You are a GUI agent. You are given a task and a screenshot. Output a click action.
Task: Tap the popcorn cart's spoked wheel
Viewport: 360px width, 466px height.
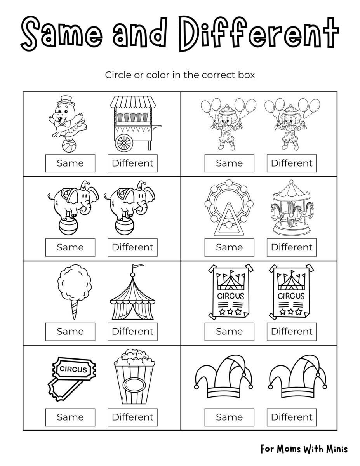pyautogui.click(x=124, y=142)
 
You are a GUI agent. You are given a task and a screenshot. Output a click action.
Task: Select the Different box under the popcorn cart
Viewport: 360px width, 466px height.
pyautogui.click(x=132, y=163)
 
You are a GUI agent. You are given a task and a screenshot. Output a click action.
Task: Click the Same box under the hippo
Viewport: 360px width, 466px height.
pyautogui.click(x=70, y=163)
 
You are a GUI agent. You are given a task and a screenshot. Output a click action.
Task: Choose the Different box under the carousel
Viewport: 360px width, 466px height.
pyautogui.click(x=291, y=247)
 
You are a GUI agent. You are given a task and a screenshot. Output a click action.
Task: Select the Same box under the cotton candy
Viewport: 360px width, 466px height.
pyautogui.click(x=70, y=332)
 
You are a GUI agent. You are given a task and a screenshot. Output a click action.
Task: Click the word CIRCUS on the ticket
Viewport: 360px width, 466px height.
pyautogui.click(x=73, y=369)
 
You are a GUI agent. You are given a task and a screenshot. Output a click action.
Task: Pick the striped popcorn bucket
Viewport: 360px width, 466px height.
pyautogui.click(x=134, y=381)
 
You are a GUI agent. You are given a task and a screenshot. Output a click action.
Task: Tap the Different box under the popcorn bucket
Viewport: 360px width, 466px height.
pyautogui.click(x=132, y=417)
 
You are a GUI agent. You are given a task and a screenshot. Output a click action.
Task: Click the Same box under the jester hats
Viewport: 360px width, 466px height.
pyautogui.click(x=229, y=417)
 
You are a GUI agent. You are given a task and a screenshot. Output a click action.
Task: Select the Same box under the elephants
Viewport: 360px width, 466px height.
pyautogui.click(x=70, y=247)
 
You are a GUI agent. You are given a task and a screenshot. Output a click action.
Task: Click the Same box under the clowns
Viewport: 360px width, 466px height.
pyautogui.click(x=229, y=163)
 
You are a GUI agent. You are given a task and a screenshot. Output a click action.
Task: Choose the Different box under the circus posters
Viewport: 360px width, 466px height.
pyautogui.click(x=291, y=332)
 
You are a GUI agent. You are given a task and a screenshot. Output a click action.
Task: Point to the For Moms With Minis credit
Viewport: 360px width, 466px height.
pyautogui.click(x=304, y=449)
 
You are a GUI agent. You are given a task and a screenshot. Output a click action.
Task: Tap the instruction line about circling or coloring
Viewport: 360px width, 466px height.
pyautogui.click(x=180, y=75)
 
